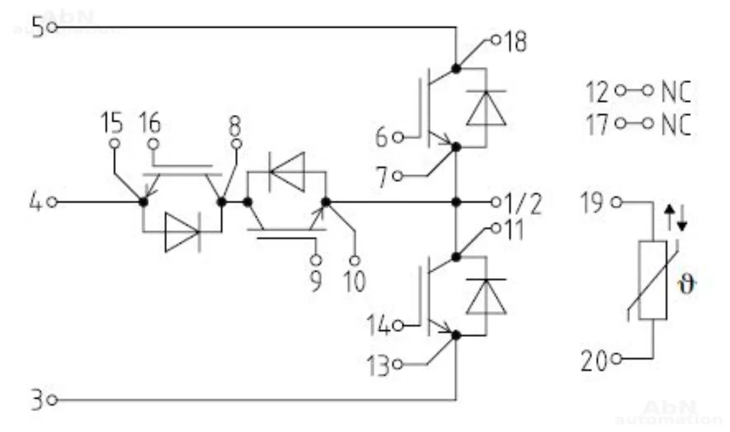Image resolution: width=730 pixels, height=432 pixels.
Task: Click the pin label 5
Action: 38,28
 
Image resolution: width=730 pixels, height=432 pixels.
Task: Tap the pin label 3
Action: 37,400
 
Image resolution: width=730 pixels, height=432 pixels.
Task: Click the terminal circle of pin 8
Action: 237,144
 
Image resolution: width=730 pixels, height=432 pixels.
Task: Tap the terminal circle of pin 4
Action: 52,202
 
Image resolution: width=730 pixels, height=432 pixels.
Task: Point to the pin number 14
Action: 379,327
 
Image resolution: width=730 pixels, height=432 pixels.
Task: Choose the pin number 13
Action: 379,364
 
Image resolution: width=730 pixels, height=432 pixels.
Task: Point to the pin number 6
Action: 382,138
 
